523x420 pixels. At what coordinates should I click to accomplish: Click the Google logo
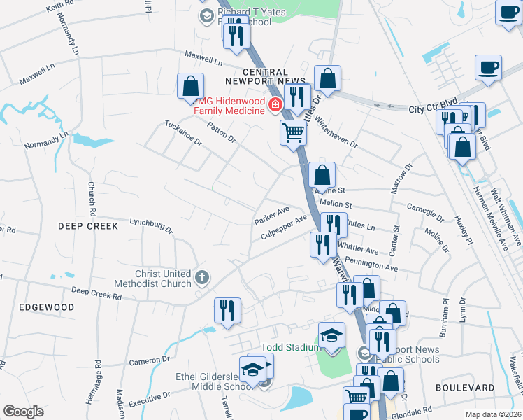[x=23, y=412]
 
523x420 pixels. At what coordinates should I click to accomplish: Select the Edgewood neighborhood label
[x=47, y=307]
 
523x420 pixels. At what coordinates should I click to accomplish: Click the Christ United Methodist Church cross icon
[x=202, y=278]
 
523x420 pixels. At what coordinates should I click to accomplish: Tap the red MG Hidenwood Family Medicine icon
[x=275, y=105]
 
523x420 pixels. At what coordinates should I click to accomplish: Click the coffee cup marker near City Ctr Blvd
[x=488, y=68]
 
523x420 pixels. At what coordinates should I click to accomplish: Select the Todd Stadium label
[x=289, y=347]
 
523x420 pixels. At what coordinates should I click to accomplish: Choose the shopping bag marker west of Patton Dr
[x=190, y=86]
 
